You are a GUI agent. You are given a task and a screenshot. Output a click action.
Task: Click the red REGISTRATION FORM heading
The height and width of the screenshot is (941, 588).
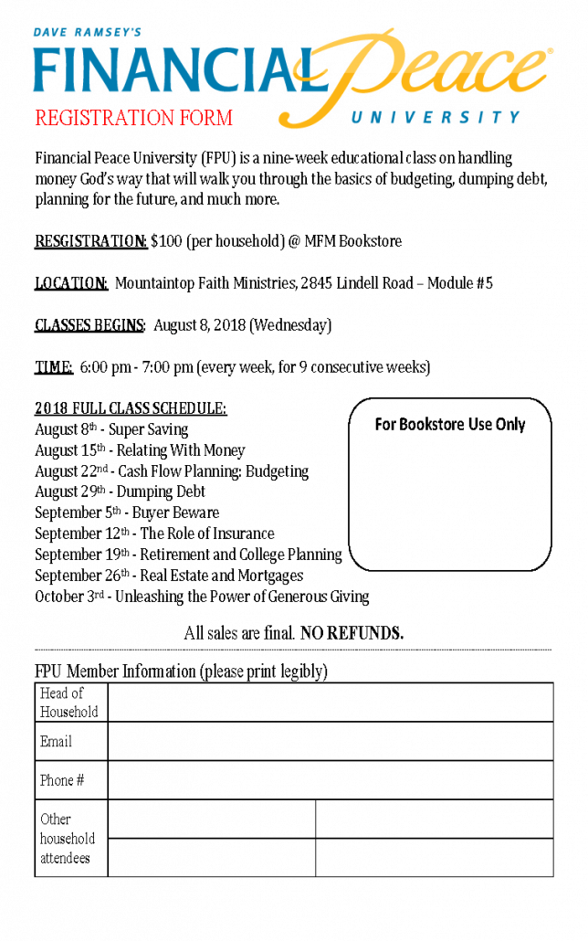pyautogui.click(x=133, y=118)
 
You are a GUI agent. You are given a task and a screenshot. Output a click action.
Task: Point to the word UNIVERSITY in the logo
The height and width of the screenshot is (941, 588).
pyautogui.click(x=436, y=117)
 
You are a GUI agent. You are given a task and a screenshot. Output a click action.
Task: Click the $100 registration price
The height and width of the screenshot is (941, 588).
pyautogui.click(x=166, y=242)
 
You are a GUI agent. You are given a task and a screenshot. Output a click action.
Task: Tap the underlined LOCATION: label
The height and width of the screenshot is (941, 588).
pyautogui.click(x=71, y=283)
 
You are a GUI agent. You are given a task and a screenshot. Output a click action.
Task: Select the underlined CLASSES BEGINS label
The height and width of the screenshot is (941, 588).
pyautogui.click(x=89, y=325)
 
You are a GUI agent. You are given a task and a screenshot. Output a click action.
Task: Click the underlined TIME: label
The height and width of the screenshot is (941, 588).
pyautogui.click(x=54, y=367)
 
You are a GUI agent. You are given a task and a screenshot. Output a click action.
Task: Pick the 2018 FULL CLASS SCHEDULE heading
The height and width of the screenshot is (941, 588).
pyautogui.click(x=131, y=408)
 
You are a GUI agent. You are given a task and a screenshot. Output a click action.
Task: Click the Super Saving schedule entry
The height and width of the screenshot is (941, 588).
pyautogui.click(x=148, y=429)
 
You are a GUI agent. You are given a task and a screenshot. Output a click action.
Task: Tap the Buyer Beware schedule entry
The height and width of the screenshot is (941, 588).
pyautogui.click(x=175, y=513)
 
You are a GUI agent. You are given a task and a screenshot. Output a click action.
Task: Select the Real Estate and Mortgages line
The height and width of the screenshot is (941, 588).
pyautogui.click(x=221, y=576)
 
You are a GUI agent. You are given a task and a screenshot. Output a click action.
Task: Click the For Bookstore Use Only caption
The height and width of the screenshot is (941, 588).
pyautogui.click(x=450, y=424)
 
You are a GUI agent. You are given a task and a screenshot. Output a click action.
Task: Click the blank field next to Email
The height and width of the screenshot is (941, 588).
pyautogui.click(x=330, y=741)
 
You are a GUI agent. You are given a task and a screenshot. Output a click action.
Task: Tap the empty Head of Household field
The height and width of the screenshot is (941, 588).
pyautogui.click(x=330, y=702)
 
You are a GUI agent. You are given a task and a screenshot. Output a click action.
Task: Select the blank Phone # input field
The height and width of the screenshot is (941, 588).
pyautogui.click(x=330, y=780)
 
